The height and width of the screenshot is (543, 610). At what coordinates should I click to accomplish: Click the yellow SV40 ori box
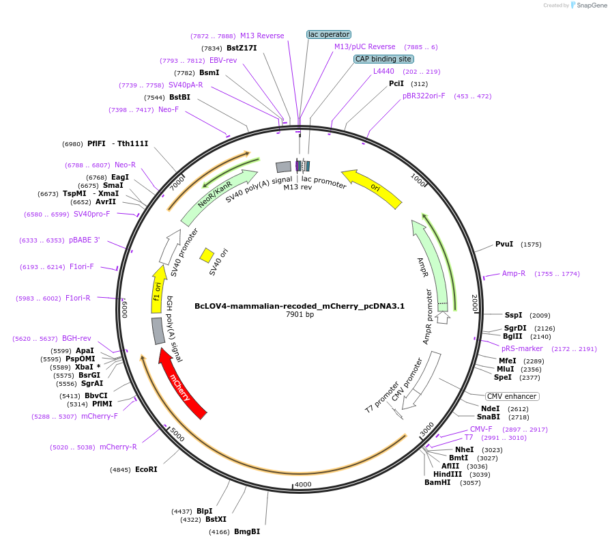point(207,255)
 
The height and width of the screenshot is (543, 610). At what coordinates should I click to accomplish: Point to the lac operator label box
point(329,34)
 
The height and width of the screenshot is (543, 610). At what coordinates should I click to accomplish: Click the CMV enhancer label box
point(512,396)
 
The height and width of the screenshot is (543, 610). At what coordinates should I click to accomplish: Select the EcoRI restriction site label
point(146,469)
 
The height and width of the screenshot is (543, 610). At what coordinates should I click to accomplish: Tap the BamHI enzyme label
point(437,482)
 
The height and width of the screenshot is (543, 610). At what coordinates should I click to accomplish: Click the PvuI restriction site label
point(504,244)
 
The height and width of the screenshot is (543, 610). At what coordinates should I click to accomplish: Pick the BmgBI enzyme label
point(247,531)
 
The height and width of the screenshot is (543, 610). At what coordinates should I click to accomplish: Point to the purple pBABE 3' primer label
point(85,240)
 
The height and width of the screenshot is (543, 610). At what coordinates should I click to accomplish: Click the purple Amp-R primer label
point(514,273)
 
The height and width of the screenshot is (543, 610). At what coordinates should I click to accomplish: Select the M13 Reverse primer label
point(262,36)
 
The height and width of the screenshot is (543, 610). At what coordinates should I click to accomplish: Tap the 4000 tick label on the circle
point(302,484)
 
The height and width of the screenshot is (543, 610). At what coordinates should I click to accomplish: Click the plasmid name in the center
point(300,306)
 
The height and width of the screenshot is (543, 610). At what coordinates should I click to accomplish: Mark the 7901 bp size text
point(300,315)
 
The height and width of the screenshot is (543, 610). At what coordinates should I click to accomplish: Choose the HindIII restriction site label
point(448,474)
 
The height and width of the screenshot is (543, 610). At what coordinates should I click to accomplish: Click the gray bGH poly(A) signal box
point(158,331)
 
